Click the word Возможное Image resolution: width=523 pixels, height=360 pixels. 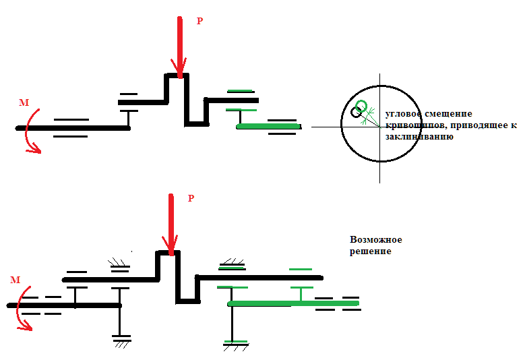click(x=376, y=240)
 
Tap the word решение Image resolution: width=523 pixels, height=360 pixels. click(x=370, y=251)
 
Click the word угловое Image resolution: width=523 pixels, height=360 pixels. click(x=403, y=114)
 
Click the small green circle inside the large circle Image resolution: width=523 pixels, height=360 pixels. click(x=362, y=106)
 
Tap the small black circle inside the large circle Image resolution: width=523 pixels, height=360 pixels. click(x=356, y=113)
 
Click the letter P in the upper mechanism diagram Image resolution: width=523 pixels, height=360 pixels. click(x=199, y=21)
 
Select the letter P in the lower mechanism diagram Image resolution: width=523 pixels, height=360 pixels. click(x=191, y=198)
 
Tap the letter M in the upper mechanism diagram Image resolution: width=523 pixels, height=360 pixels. click(x=24, y=102)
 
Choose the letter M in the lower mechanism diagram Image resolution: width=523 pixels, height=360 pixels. click(x=15, y=279)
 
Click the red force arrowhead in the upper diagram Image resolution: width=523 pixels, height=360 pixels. click(x=179, y=67)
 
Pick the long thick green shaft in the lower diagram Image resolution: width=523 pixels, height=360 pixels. click(x=293, y=304)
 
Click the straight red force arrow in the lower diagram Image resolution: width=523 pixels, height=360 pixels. click(x=171, y=222)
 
